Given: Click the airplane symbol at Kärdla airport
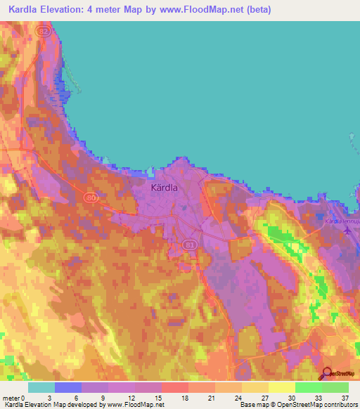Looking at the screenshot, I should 347,231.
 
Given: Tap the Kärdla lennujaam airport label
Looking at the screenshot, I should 343,221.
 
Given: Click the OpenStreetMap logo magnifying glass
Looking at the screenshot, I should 327,374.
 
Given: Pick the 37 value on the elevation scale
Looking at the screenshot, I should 345,397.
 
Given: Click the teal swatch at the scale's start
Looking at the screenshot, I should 41,387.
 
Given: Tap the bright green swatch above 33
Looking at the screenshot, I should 308,387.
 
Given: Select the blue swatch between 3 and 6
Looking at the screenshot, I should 68,387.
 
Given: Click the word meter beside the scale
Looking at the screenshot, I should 11,397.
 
